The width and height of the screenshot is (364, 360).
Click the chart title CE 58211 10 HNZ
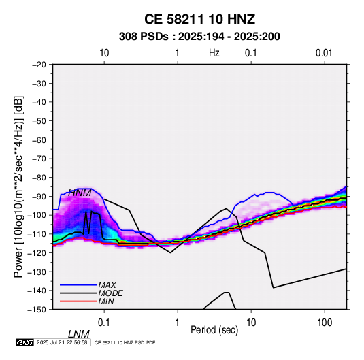199,19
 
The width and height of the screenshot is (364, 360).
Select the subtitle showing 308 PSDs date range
199,37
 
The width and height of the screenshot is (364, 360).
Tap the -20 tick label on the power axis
39,65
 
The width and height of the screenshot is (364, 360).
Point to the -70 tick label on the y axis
39,159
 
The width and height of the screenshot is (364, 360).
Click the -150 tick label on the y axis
37,310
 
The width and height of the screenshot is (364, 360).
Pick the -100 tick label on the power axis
37,215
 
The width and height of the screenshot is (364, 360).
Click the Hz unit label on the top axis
214,53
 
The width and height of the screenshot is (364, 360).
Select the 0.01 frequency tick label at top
324,53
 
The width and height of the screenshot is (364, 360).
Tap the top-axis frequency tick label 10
104,53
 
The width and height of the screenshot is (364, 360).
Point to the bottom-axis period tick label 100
325,323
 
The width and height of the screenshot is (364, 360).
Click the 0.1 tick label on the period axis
104,323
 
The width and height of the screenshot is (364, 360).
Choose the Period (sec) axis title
214,330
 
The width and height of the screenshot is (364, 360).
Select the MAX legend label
107,284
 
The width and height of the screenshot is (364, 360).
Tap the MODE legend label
110,293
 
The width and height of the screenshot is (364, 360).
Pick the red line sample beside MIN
78,301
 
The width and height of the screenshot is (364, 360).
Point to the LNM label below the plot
78,334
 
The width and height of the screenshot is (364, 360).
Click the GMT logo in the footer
25,342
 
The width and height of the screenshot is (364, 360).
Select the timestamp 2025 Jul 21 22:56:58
62,342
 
